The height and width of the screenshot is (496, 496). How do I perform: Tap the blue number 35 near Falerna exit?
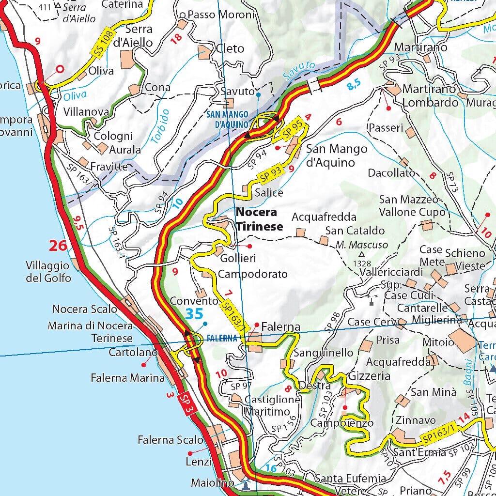(x=194, y=314)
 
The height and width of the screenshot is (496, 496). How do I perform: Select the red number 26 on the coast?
(x=58, y=246)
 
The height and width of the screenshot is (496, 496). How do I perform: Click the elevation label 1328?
(x=362, y=263)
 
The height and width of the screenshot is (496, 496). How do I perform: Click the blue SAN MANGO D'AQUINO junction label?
(x=227, y=119)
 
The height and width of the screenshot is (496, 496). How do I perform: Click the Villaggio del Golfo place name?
(x=48, y=272)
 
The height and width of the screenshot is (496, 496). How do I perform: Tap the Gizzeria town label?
(x=369, y=376)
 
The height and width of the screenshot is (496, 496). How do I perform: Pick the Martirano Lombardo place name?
(x=430, y=96)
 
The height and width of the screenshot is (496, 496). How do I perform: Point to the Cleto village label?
(x=230, y=48)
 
